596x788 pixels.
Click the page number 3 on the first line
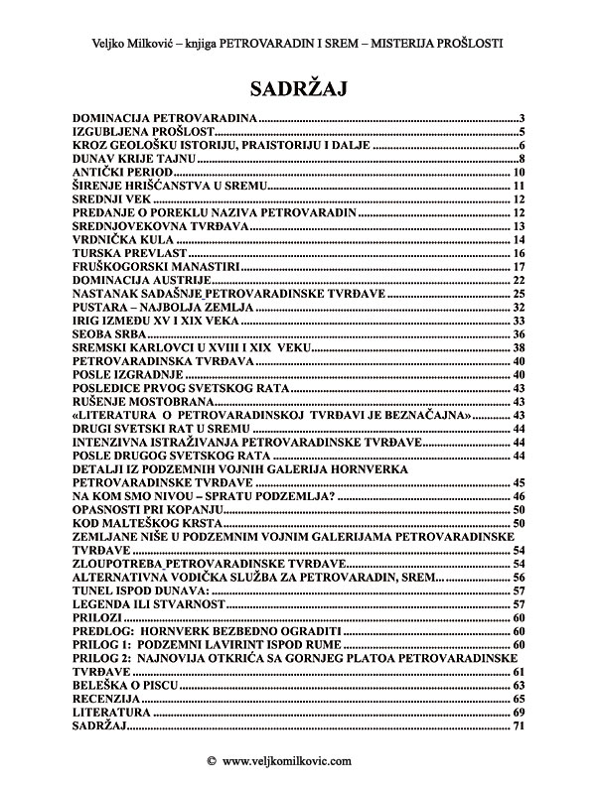521,118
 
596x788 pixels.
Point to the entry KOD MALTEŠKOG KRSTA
148,522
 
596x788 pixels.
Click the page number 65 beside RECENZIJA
518,700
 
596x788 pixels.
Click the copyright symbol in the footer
212,761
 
